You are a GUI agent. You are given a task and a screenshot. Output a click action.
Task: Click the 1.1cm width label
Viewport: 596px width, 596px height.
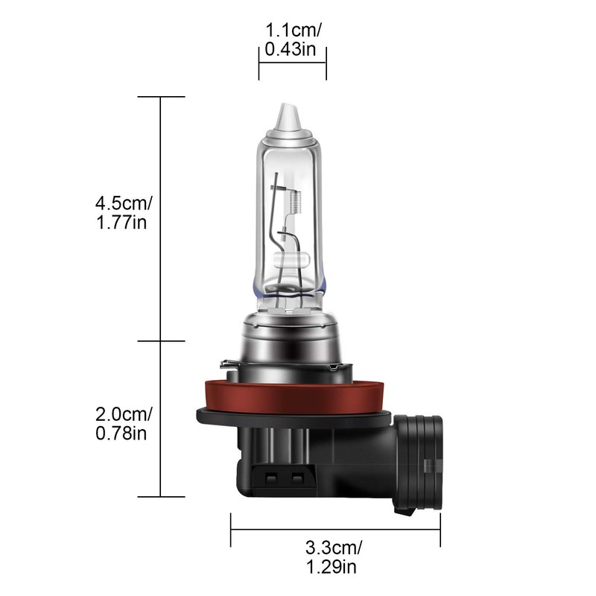click(294, 31)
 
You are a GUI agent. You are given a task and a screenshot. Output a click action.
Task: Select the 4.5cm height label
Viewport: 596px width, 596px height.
click(123, 203)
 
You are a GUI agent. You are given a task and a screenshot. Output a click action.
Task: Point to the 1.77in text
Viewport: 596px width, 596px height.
click(120, 222)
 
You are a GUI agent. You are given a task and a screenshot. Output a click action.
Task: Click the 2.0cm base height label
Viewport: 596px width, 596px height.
click(123, 413)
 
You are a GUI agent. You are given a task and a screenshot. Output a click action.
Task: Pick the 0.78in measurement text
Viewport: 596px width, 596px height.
click(121, 433)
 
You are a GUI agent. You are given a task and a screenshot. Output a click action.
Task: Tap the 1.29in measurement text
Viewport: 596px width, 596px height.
click(333, 568)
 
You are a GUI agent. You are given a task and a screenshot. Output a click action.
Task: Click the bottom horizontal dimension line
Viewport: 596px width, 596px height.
click(335, 530)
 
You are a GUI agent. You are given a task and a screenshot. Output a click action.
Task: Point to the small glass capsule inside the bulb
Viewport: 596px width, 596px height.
click(292, 261)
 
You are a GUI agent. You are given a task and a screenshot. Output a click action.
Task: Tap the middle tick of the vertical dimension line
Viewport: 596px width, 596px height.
click(162, 342)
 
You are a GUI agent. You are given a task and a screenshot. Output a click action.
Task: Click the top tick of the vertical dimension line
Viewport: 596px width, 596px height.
click(162, 97)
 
